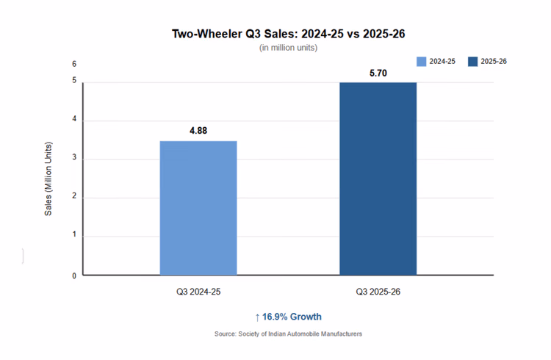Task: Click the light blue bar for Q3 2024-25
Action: (x=198, y=208)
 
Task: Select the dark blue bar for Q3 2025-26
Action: (x=378, y=179)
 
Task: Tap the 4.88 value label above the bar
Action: (x=198, y=130)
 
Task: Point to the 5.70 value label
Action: (x=378, y=73)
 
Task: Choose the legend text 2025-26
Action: (x=494, y=61)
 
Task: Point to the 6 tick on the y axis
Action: (x=73, y=64)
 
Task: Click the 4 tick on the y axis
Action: (x=73, y=120)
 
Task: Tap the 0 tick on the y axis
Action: (x=73, y=276)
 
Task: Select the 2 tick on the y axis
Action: (x=73, y=198)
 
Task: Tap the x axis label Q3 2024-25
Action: (x=198, y=292)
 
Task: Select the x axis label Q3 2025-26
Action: (x=378, y=292)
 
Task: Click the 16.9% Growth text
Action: (x=292, y=317)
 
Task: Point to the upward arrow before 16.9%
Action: (x=257, y=317)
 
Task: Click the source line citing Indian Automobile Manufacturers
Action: (x=288, y=334)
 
